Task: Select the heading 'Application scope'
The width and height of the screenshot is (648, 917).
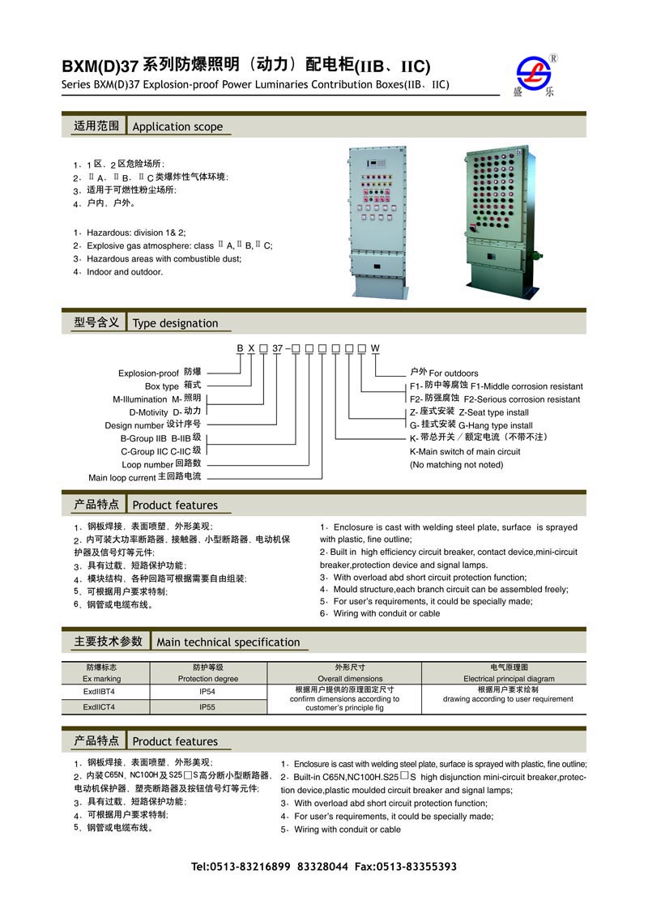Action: (177, 126)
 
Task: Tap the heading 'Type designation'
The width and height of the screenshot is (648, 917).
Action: (175, 323)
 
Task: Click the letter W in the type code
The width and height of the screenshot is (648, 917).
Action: (375, 348)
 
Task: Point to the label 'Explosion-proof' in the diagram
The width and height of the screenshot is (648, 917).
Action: (148, 373)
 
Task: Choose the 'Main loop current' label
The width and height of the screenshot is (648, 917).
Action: (122, 478)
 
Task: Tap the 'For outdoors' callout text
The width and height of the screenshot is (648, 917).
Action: (454, 373)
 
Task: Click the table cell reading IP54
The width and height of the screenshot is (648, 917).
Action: (207, 692)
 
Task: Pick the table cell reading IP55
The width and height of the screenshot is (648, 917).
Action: (207, 706)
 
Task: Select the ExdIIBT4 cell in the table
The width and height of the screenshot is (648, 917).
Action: (99, 692)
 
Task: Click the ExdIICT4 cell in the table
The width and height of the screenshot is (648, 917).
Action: (99, 706)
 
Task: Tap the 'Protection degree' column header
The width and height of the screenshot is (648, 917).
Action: (208, 679)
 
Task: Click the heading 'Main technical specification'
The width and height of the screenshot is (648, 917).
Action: (228, 642)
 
